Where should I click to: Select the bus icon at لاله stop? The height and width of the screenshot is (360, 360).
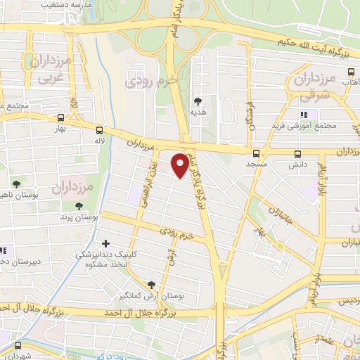[x=99, y=130]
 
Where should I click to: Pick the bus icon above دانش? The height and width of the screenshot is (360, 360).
[x=297, y=153]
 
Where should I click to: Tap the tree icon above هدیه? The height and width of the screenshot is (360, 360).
[x=198, y=102]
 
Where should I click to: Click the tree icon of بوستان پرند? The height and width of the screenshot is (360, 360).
[x=79, y=206]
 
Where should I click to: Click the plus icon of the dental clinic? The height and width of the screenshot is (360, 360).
[x=106, y=243]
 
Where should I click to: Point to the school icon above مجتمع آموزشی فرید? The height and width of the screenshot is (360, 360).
[x=304, y=115]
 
